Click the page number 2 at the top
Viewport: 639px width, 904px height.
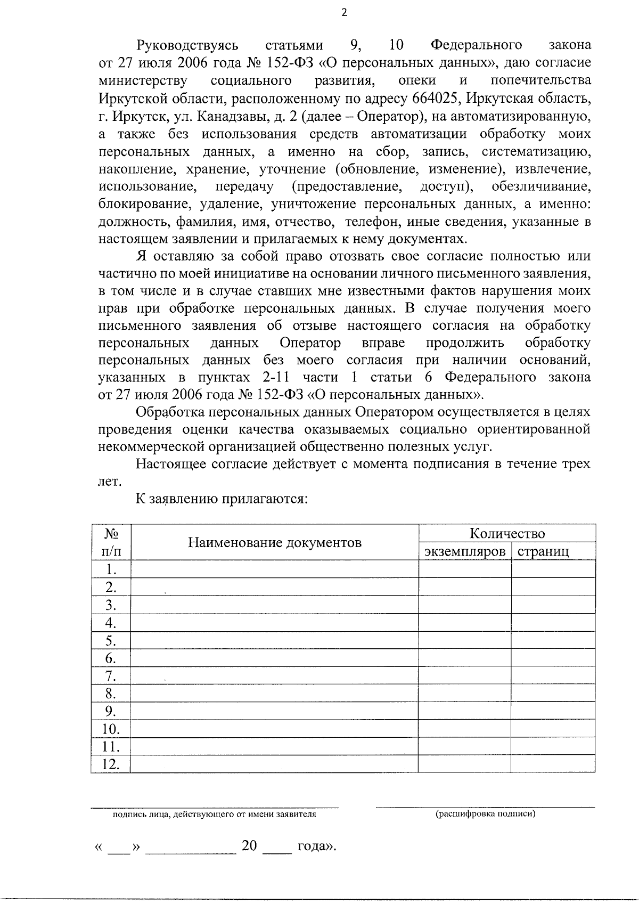point(343,13)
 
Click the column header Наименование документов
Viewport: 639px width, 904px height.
point(274,543)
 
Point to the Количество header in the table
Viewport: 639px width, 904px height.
point(506,534)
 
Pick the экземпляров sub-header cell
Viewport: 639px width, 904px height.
point(464,551)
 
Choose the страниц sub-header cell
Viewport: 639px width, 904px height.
point(543,551)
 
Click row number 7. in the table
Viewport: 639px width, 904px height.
point(110,676)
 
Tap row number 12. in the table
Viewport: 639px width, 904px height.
point(110,764)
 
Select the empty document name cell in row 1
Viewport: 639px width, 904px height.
point(274,569)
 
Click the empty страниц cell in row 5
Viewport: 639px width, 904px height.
point(553,640)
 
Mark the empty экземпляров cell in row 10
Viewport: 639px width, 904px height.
point(464,729)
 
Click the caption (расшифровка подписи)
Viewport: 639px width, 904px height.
point(485,813)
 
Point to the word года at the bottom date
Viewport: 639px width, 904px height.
point(315,846)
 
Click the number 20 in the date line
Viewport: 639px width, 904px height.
point(249,845)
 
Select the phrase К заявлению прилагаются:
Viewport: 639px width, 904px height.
point(222,499)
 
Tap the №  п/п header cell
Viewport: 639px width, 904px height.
point(110,542)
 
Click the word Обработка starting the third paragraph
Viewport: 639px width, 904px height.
point(170,412)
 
